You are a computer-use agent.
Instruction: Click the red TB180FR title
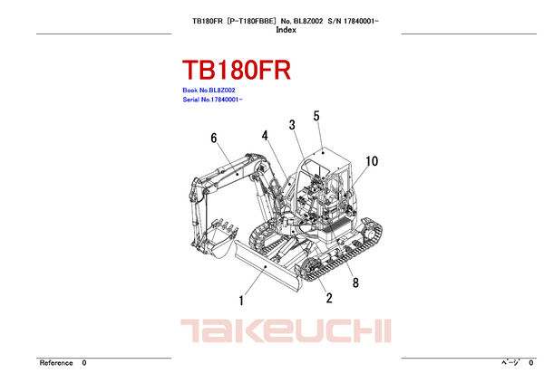pyautogui.click(x=237, y=70)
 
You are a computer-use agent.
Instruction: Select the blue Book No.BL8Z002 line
pyautogui.click(x=209, y=91)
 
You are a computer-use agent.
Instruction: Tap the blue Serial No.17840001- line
pyautogui.click(x=212, y=100)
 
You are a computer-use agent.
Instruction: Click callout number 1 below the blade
pyautogui.click(x=241, y=301)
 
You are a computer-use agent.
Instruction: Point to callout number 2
pyautogui.click(x=329, y=298)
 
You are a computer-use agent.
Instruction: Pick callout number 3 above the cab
pyautogui.click(x=292, y=125)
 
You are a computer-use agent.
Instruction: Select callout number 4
pyautogui.click(x=265, y=136)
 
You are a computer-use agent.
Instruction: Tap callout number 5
pyautogui.click(x=316, y=116)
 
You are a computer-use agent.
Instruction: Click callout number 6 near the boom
pyautogui.click(x=214, y=138)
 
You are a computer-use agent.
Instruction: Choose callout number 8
pyautogui.click(x=355, y=282)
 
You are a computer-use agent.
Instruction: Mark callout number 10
pyautogui.click(x=372, y=161)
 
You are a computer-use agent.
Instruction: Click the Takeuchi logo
pyautogui.click(x=286, y=330)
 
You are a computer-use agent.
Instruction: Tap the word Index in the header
pyautogui.click(x=286, y=30)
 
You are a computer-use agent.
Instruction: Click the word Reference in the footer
pyautogui.click(x=56, y=363)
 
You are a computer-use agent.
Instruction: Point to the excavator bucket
pyautogui.click(x=220, y=238)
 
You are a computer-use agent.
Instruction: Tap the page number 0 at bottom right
pyautogui.click(x=530, y=363)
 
